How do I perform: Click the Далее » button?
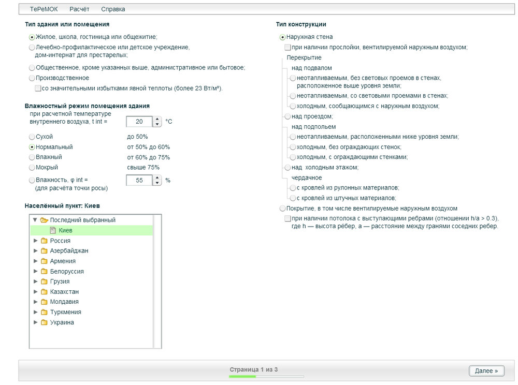pos(486,371)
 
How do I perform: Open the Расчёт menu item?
pos(79,9)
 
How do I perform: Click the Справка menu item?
pos(113,9)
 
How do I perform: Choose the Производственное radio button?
pos(32,78)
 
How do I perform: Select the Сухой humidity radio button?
pos(32,137)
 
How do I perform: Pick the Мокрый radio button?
pos(32,168)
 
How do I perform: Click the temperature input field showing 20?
pos(139,122)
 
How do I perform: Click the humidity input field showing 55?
pos(139,180)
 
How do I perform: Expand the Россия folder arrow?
pos(35,241)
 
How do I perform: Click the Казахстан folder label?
pos(64,292)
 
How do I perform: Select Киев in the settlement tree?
pos(65,230)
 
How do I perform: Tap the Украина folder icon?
pos(44,322)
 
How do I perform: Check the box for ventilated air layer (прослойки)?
pos(288,47)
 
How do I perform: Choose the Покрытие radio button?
pos(282,209)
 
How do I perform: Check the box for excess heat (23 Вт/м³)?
pos(38,88)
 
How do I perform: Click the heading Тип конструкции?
pos(301,24)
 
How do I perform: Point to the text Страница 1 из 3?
pos(254,369)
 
